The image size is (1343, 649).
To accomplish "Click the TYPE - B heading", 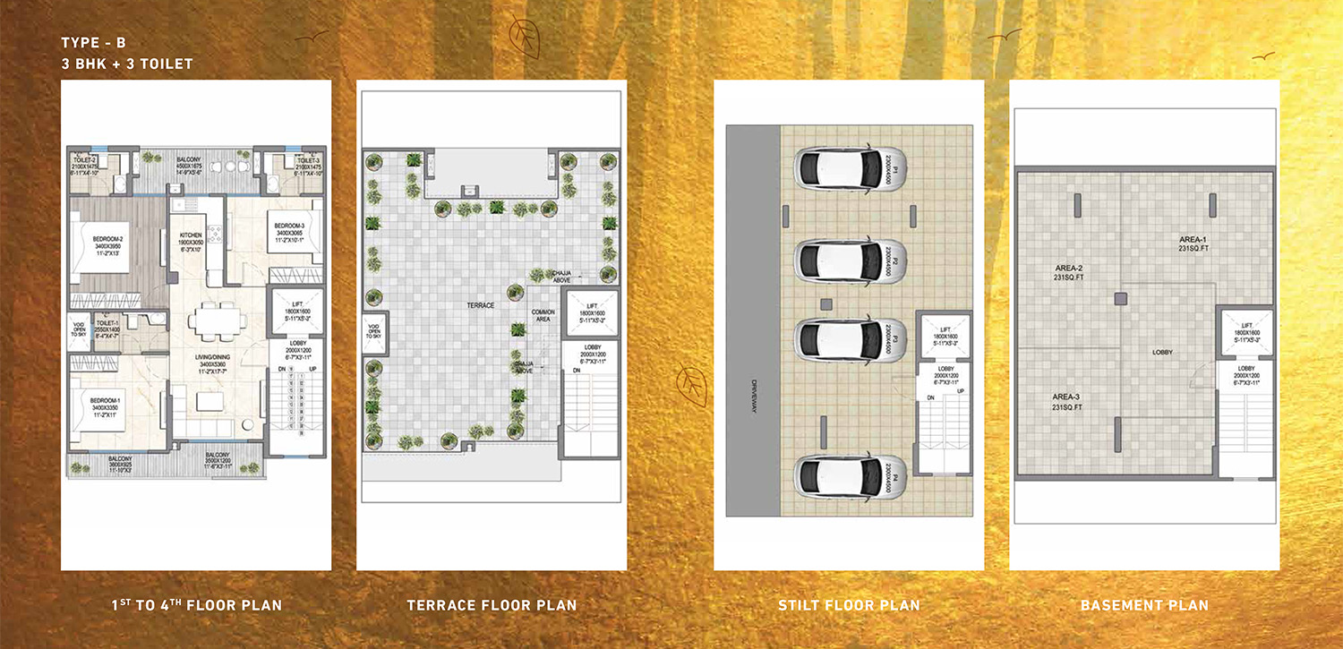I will click(94, 43).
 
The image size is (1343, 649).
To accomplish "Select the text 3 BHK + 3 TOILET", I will click(127, 64).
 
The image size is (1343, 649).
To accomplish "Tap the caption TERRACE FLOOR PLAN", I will click(492, 606).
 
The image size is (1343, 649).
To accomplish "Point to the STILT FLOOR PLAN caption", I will click(849, 606).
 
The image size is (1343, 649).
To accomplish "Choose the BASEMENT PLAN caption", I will click(1144, 606).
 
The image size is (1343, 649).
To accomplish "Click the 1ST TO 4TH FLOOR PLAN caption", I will click(196, 606).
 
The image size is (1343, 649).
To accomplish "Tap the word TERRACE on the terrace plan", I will click(482, 305).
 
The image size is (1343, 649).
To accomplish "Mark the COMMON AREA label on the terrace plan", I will click(543, 315).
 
